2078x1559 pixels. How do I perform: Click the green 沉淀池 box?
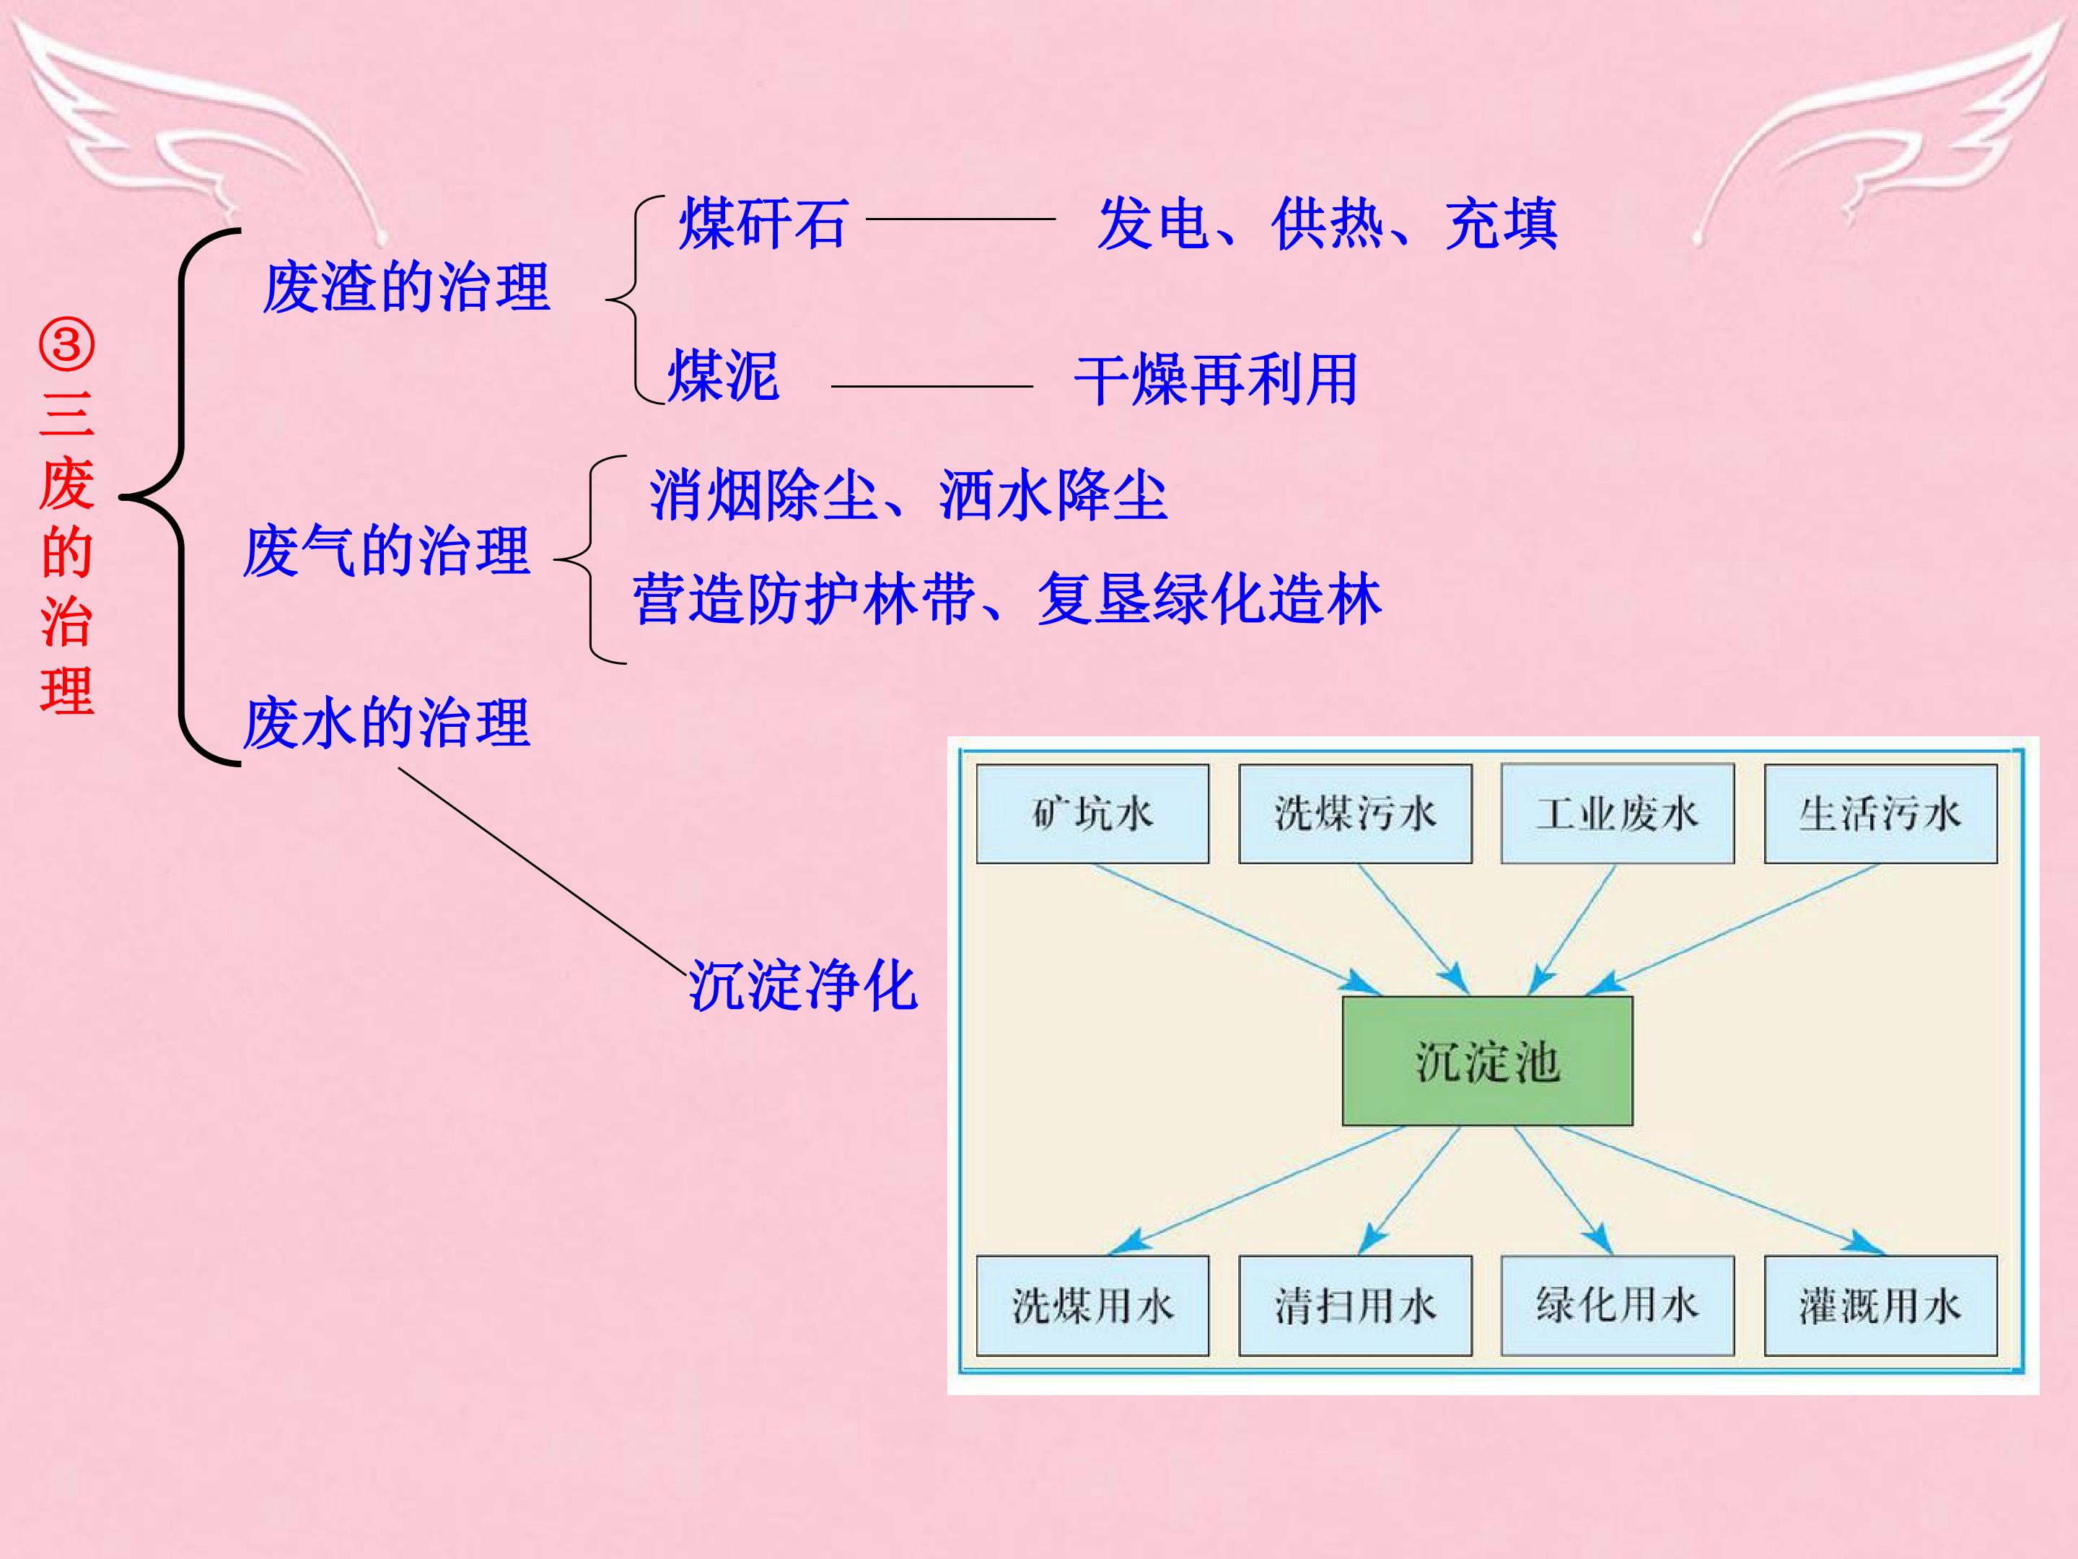click(1487, 1061)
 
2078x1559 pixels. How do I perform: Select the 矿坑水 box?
click(1092, 814)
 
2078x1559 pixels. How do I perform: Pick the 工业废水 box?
click(1618, 814)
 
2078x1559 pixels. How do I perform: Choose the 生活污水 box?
click(1881, 814)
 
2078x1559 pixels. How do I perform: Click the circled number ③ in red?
click(66, 346)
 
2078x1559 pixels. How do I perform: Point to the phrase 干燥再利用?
click(1216, 380)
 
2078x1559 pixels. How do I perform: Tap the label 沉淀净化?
click(803, 986)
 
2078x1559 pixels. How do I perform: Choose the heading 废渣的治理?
click(405, 287)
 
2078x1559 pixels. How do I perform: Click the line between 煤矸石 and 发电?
click(961, 219)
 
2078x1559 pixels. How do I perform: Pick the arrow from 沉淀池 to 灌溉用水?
click(1723, 1191)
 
